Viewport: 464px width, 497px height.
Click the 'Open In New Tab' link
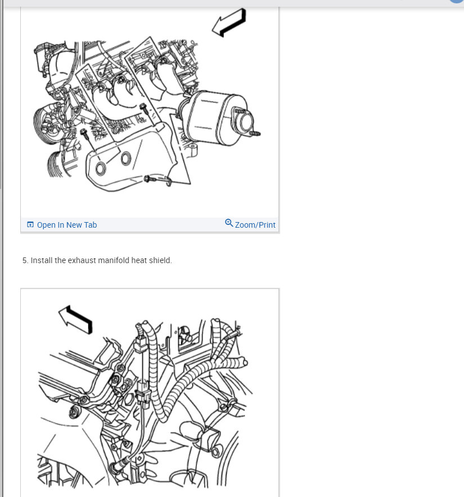coord(66,225)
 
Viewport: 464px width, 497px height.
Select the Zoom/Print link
coord(255,225)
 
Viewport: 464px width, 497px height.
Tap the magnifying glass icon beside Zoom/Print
coord(229,223)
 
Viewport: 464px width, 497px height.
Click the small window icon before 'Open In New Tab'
coord(30,225)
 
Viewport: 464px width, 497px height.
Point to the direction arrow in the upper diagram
coord(229,23)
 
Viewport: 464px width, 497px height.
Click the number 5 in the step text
coord(25,260)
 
